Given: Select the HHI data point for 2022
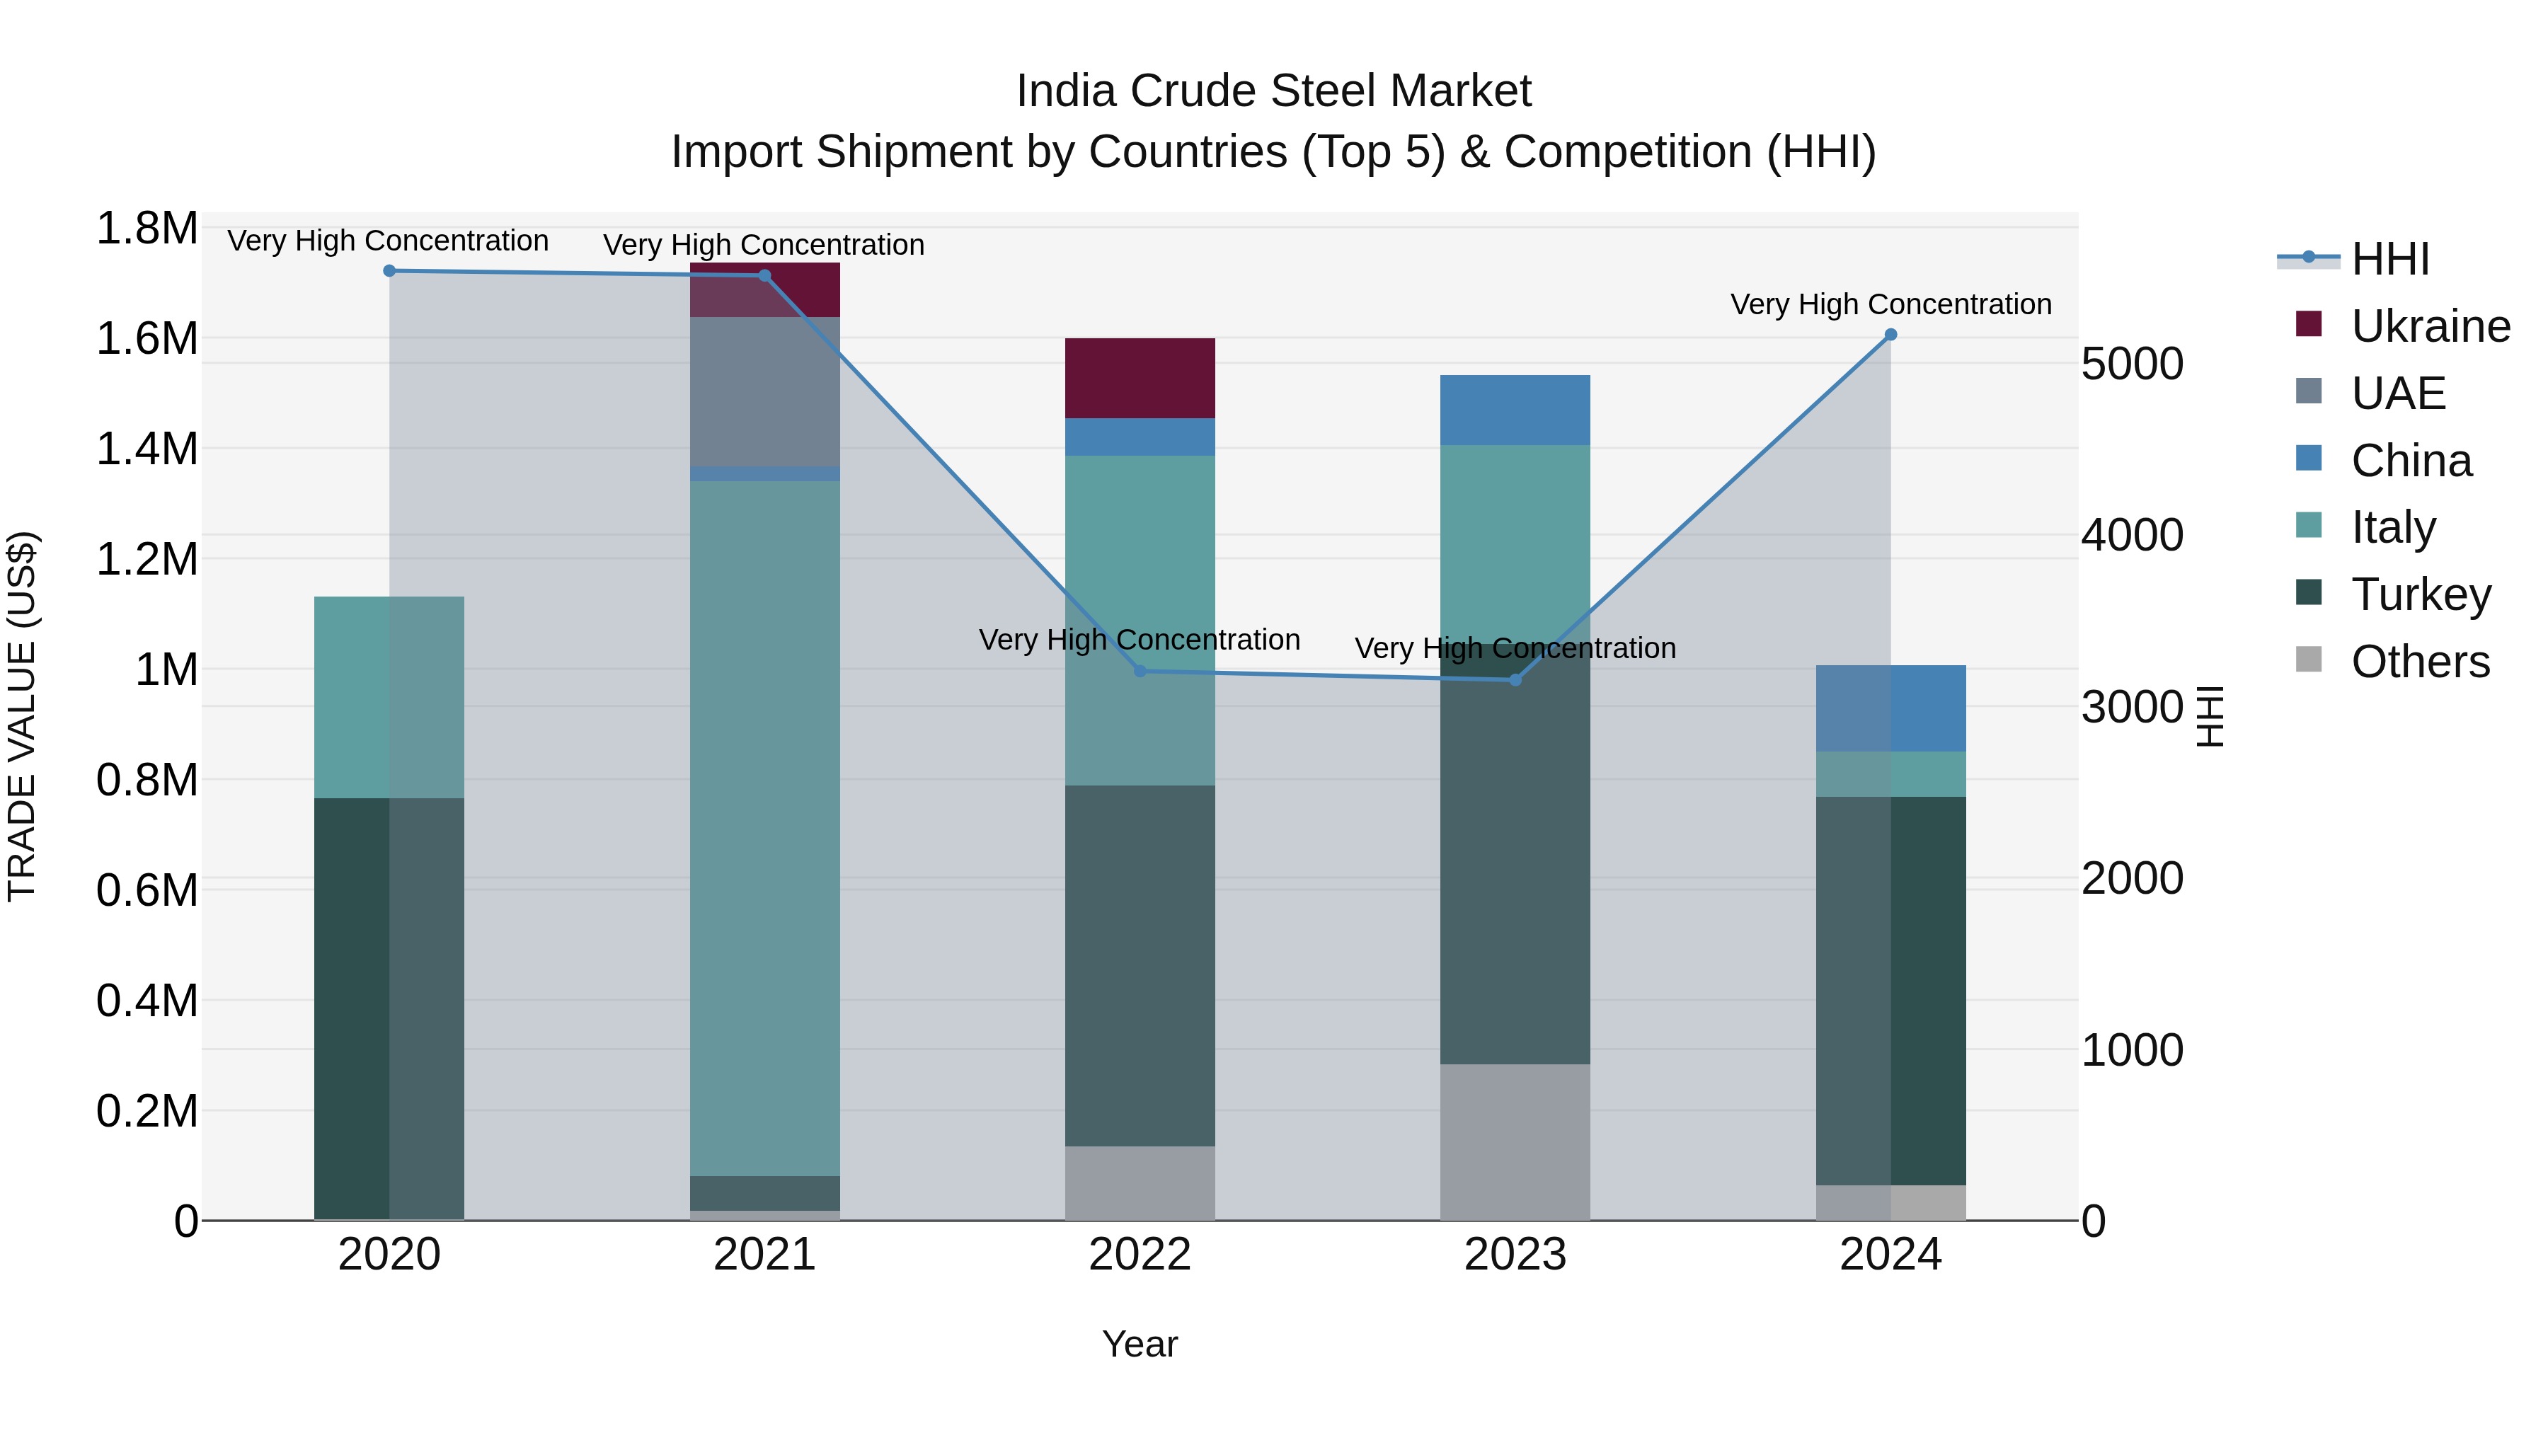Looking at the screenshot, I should click(x=1140, y=672).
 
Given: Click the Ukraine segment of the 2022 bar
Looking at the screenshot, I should click(x=1140, y=378).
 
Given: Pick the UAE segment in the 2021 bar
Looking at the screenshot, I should click(x=764, y=391).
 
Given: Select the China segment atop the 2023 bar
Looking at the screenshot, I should click(x=1515, y=410).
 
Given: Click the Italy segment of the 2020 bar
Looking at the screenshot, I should click(x=389, y=696).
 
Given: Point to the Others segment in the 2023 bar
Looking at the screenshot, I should click(x=1515, y=1141).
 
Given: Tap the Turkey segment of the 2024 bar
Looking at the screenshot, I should click(x=1890, y=990).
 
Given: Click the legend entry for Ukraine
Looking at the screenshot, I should click(x=2429, y=326).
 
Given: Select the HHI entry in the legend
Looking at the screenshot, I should click(x=2389, y=259).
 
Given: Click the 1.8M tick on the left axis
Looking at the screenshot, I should click(x=147, y=229).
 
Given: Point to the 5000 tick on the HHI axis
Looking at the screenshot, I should click(x=2132, y=364).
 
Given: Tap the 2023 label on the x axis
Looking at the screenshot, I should click(x=1515, y=1255).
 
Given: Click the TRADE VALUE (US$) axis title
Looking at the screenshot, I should click(x=22, y=716).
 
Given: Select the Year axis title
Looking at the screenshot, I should click(x=1140, y=1344).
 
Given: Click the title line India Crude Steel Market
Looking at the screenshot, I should click(x=1273, y=91).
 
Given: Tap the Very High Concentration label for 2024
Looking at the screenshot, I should click(x=1890, y=304).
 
